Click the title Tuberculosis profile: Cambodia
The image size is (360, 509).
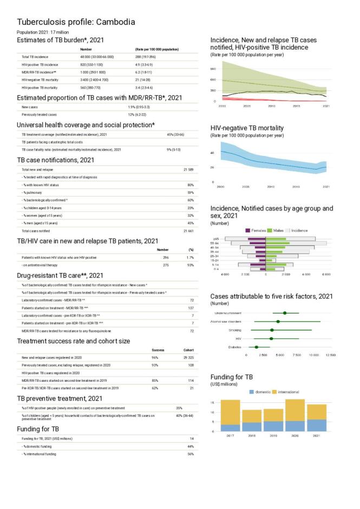pos(76,22)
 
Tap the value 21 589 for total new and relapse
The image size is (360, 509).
pos(188,170)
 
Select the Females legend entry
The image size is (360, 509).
pos(256,230)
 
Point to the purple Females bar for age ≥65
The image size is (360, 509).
pos(257,239)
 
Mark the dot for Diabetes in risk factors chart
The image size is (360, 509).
pos(256,347)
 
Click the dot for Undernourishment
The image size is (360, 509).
pos(285,313)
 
